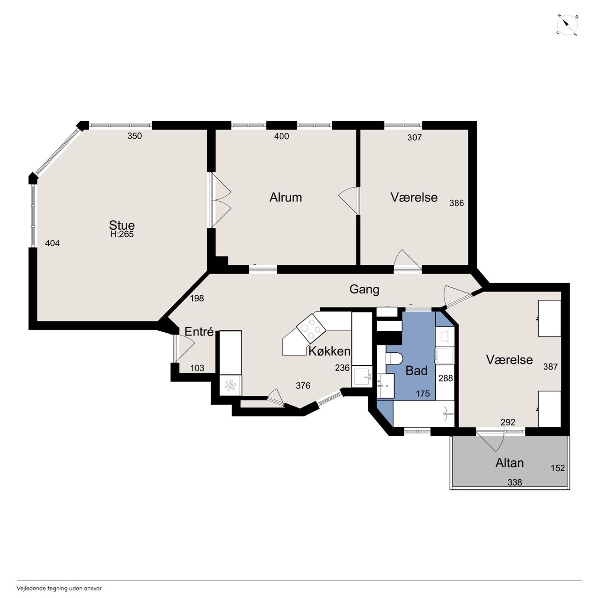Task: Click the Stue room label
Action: (122, 225)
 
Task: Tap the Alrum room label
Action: (285, 197)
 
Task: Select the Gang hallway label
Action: (364, 290)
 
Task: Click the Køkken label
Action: (329, 351)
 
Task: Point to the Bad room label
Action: (416, 371)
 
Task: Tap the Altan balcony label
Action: (510, 463)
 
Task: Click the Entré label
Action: (199, 331)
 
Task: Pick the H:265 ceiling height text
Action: (122, 234)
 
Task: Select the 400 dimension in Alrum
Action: (282, 136)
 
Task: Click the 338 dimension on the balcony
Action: (514, 482)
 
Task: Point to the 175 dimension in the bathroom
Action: (423, 394)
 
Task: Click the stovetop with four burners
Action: (311, 327)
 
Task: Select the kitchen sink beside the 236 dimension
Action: (362, 376)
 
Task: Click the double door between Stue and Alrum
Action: (220, 200)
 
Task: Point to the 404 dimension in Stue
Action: (52, 243)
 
